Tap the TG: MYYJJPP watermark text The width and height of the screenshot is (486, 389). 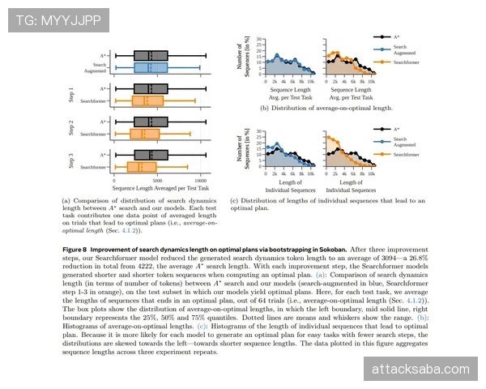pyautogui.click(x=46, y=18)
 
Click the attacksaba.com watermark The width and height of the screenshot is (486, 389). pyautogui.click(x=420, y=370)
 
